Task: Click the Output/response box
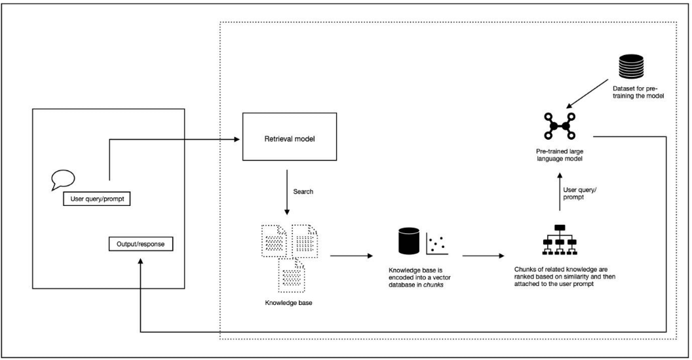140,245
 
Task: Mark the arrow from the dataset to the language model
590,94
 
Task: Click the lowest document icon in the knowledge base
289,273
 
